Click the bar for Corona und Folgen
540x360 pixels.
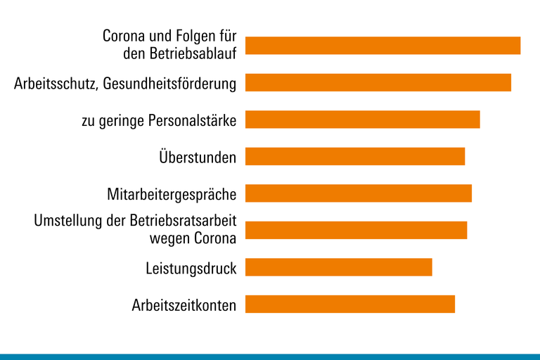(382, 45)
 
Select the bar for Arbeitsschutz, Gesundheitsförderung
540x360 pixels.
(378, 82)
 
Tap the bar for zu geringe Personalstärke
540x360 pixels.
(362, 120)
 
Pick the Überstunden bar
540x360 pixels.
(355, 156)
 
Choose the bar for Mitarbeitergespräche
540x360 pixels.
(358, 193)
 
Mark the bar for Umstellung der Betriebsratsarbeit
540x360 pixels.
(356, 230)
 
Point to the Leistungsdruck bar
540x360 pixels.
(338, 267)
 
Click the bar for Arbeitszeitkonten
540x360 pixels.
(349, 304)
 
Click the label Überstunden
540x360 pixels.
(198, 157)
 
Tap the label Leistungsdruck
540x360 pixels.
(191, 268)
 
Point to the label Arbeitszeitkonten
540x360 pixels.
(184, 305)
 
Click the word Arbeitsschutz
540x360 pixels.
(56, 84)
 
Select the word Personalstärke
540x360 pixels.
(193, 120)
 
